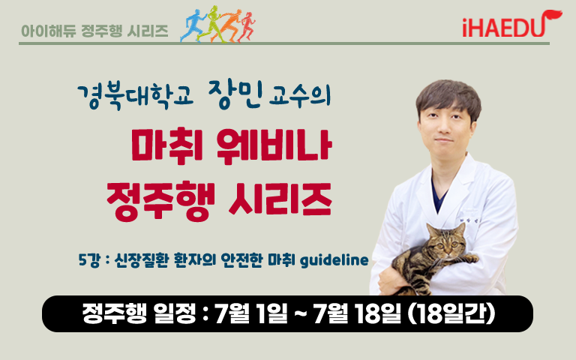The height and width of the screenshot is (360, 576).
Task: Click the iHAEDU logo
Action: (511, 24)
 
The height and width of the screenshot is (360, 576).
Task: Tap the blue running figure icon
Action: (193, 25)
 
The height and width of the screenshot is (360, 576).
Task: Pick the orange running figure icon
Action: (228, 25)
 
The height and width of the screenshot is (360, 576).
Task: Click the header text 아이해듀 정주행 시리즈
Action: (94, 31)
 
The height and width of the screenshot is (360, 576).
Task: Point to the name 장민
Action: (235, 94)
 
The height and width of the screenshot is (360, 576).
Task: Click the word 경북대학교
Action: (135, 97)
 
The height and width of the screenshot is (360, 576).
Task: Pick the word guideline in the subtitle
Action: (334, 260)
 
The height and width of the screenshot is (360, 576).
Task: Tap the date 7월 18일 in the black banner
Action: (357, 314)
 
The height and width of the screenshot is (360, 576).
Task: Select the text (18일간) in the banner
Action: (451, 314)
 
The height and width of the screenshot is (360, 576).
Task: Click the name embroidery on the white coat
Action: (469, 220)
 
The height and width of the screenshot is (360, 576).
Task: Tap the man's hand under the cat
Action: (392, 280)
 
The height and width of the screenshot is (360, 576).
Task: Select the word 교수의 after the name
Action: (300, 96)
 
